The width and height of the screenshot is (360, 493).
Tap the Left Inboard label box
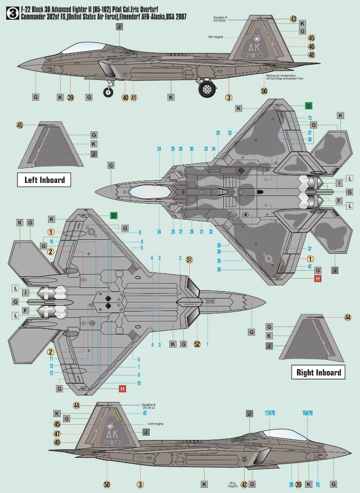coord(44,180)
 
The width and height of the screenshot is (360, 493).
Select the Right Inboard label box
coord(319,372)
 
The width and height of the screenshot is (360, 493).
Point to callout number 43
coord(294,19)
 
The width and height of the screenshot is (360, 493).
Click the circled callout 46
coord(311,47)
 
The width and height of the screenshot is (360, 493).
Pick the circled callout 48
coord(311,55)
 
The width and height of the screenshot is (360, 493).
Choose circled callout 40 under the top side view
coord(125,97)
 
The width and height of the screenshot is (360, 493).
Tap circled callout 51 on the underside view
coord(189,259)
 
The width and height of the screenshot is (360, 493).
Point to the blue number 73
coord(310,117)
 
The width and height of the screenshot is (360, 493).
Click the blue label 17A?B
coord(269,413)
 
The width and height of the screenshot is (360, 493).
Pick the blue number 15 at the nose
coord(317,484)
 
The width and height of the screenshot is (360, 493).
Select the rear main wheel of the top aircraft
coord(207,89)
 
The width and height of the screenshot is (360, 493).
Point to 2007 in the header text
coord(180,16)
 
